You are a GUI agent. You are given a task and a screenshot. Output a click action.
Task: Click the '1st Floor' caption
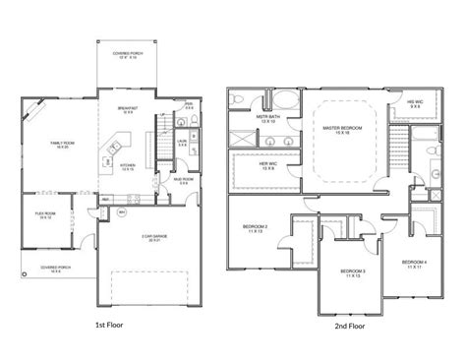coord(108,322)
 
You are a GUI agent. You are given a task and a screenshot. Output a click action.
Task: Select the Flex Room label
coord(44,216)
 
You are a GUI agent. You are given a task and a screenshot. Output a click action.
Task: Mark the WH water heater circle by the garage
coord(120,212)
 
